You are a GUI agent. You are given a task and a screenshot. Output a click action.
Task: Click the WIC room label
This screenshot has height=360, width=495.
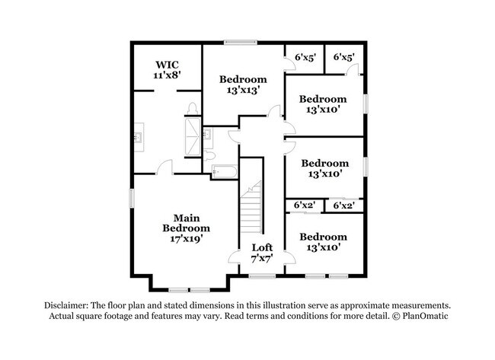[x=167, y=65]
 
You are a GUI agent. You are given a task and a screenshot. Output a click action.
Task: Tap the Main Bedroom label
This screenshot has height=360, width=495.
[x=187, y=223]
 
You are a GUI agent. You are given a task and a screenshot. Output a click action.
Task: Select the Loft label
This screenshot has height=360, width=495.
[x=262, y=247]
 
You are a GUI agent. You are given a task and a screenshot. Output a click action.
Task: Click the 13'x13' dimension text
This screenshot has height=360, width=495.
[x=243, y=91]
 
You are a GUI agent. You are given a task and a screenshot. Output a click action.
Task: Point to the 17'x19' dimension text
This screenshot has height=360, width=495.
[x=187, y=239]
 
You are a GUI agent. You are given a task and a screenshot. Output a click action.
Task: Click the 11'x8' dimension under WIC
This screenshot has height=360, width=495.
[x=167, y=75]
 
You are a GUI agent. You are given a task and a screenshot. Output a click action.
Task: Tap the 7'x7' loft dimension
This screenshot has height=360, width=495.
[x=262, y=259]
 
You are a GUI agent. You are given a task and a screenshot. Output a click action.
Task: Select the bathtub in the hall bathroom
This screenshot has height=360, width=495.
[x=224, y=172]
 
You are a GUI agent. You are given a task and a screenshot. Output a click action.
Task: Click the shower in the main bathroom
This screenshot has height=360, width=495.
[x=193, y=136]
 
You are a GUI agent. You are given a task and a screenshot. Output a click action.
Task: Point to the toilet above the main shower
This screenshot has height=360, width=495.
[x=192, y=109]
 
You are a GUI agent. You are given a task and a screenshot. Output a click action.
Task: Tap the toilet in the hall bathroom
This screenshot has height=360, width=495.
[x=209, y=155]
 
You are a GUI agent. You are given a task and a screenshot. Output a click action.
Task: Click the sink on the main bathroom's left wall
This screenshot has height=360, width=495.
[x=139, y=137]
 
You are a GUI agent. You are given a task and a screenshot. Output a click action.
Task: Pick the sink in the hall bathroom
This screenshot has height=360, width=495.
[x=208, y=135]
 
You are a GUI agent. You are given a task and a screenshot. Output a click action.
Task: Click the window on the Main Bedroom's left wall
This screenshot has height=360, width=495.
[x=132, y=198]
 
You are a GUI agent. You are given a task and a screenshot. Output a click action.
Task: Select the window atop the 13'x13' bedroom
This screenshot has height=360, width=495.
[x=241, y=42]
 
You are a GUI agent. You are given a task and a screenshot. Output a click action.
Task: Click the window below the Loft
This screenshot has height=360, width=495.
[x=262, y=276]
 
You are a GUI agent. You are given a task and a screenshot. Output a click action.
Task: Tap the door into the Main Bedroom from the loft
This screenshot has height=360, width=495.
[x=235, y=257]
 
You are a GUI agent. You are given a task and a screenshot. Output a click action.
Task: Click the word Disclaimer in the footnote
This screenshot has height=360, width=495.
[x=66, y=305]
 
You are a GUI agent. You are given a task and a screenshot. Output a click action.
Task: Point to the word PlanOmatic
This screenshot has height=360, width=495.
[x=425, y=316]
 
